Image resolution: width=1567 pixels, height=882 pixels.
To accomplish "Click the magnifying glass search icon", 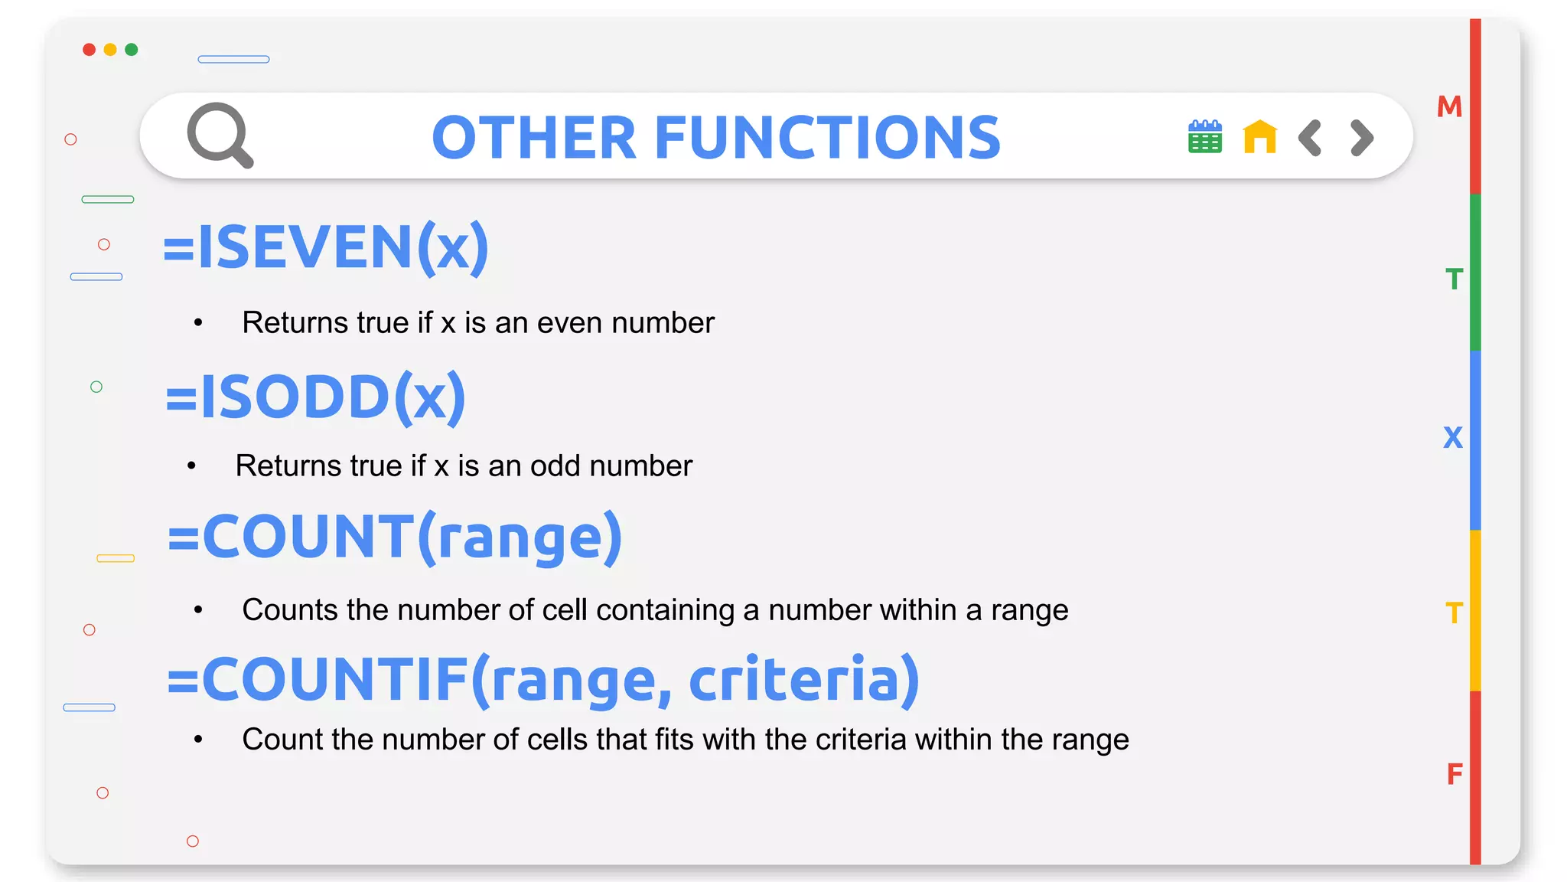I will click(220, 135).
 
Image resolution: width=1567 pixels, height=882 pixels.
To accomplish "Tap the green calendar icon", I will click(1204, 137).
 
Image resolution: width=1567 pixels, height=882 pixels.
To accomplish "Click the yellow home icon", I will click(1259, 137).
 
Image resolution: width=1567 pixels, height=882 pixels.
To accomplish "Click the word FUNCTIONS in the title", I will click(827, 138).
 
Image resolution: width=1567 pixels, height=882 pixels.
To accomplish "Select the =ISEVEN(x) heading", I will click(326, 247).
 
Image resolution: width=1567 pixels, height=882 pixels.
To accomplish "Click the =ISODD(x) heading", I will click(316, 397).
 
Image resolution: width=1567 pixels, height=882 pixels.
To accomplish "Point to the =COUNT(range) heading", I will click(395, 537).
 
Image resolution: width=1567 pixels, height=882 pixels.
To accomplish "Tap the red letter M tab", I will click(1449, 106).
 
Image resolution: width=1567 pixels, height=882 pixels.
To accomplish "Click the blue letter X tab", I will click(1452, 438).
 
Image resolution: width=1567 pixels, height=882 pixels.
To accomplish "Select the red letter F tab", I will click(1454, 774).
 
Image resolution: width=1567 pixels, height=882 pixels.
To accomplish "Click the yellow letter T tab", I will click(1454, 613).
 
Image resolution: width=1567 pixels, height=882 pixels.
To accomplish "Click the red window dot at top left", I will click(90, 50).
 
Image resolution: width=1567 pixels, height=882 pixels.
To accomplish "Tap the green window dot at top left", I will click(132, 50).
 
